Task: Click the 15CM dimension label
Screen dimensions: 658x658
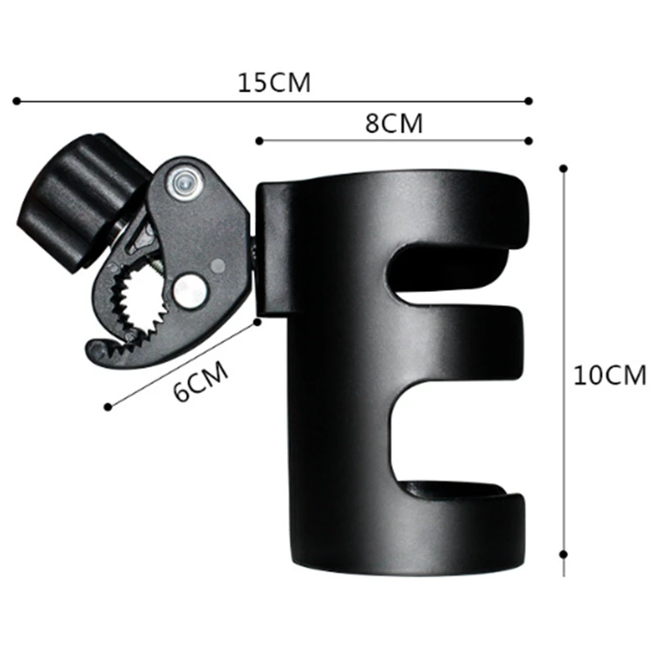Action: coord(275,83)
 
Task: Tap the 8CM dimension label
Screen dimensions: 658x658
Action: coord(393,123)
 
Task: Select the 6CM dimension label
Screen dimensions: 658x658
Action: coord(201,382)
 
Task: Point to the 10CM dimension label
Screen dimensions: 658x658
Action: coord(609,375)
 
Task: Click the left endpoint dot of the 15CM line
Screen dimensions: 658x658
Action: coord(16,101)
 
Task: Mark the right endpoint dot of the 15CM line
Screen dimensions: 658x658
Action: coord(528,101)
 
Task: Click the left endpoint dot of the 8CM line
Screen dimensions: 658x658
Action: coord(258,141)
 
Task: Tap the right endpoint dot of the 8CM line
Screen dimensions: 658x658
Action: coord(528,141)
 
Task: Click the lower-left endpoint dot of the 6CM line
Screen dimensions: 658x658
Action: coord(108,405)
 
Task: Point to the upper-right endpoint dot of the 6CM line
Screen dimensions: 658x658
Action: coord(257,322)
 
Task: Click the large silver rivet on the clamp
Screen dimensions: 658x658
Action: coord(190,289)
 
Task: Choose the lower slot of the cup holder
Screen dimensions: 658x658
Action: coord(452,436)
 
